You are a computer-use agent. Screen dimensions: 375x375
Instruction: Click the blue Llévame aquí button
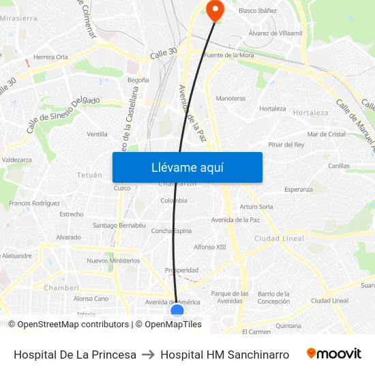pos(187,167)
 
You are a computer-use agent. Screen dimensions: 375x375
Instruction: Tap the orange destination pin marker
pos(215,10)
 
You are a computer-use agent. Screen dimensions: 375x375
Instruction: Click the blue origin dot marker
pos(177,312)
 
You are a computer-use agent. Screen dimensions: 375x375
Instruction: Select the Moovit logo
pos(334,354)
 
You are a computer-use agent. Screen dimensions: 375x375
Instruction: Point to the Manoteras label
pos(230,98)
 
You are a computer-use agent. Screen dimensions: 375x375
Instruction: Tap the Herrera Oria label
pos(51,57)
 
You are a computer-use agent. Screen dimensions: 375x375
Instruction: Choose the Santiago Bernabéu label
pos(119,225)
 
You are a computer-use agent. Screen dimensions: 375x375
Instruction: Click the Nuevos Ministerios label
pos(113,260)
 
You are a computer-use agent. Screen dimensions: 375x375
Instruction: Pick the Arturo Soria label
pos(256,207)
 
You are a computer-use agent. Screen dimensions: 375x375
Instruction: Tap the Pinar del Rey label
pos(286,145)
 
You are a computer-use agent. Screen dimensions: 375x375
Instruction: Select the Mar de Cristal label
pos(327,134)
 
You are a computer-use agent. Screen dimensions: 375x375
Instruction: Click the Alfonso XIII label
pos(210,247)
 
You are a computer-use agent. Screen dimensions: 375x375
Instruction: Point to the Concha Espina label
pos(171,230)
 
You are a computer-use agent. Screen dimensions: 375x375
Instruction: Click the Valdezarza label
pos(17,160)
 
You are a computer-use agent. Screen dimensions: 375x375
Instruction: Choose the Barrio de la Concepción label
pos(273,297)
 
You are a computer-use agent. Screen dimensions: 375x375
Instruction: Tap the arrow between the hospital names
pos(148,355)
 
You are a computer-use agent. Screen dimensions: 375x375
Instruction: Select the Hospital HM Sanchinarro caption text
pos(224,355)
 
